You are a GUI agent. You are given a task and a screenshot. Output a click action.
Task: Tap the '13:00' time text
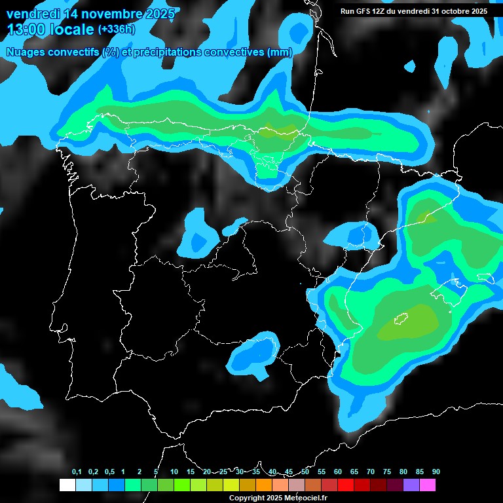coord(26,29)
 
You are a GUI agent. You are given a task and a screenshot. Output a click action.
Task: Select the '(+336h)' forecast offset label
coord(116,29)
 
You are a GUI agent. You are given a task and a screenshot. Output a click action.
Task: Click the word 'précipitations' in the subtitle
coord(166,52)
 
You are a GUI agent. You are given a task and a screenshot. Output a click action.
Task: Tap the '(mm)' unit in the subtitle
coord(280,52)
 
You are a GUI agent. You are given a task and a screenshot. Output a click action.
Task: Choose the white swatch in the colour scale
coord(67,485)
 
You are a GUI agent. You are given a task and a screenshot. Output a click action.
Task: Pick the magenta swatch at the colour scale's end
coord(428,485)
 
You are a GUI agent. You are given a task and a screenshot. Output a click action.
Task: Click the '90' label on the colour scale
coord(436,472)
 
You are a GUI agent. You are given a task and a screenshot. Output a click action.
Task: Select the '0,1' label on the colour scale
coord(77,472)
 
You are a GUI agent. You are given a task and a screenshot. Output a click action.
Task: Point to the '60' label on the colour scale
coord(338,472)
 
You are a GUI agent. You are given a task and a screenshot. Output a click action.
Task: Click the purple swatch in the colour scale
coord(411,485)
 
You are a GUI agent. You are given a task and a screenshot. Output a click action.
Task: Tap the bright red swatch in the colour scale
coord(346,485)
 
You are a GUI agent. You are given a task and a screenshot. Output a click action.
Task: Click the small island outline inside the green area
coord(400,319)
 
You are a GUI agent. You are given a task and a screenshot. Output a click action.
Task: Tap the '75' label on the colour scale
coord(387,472)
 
